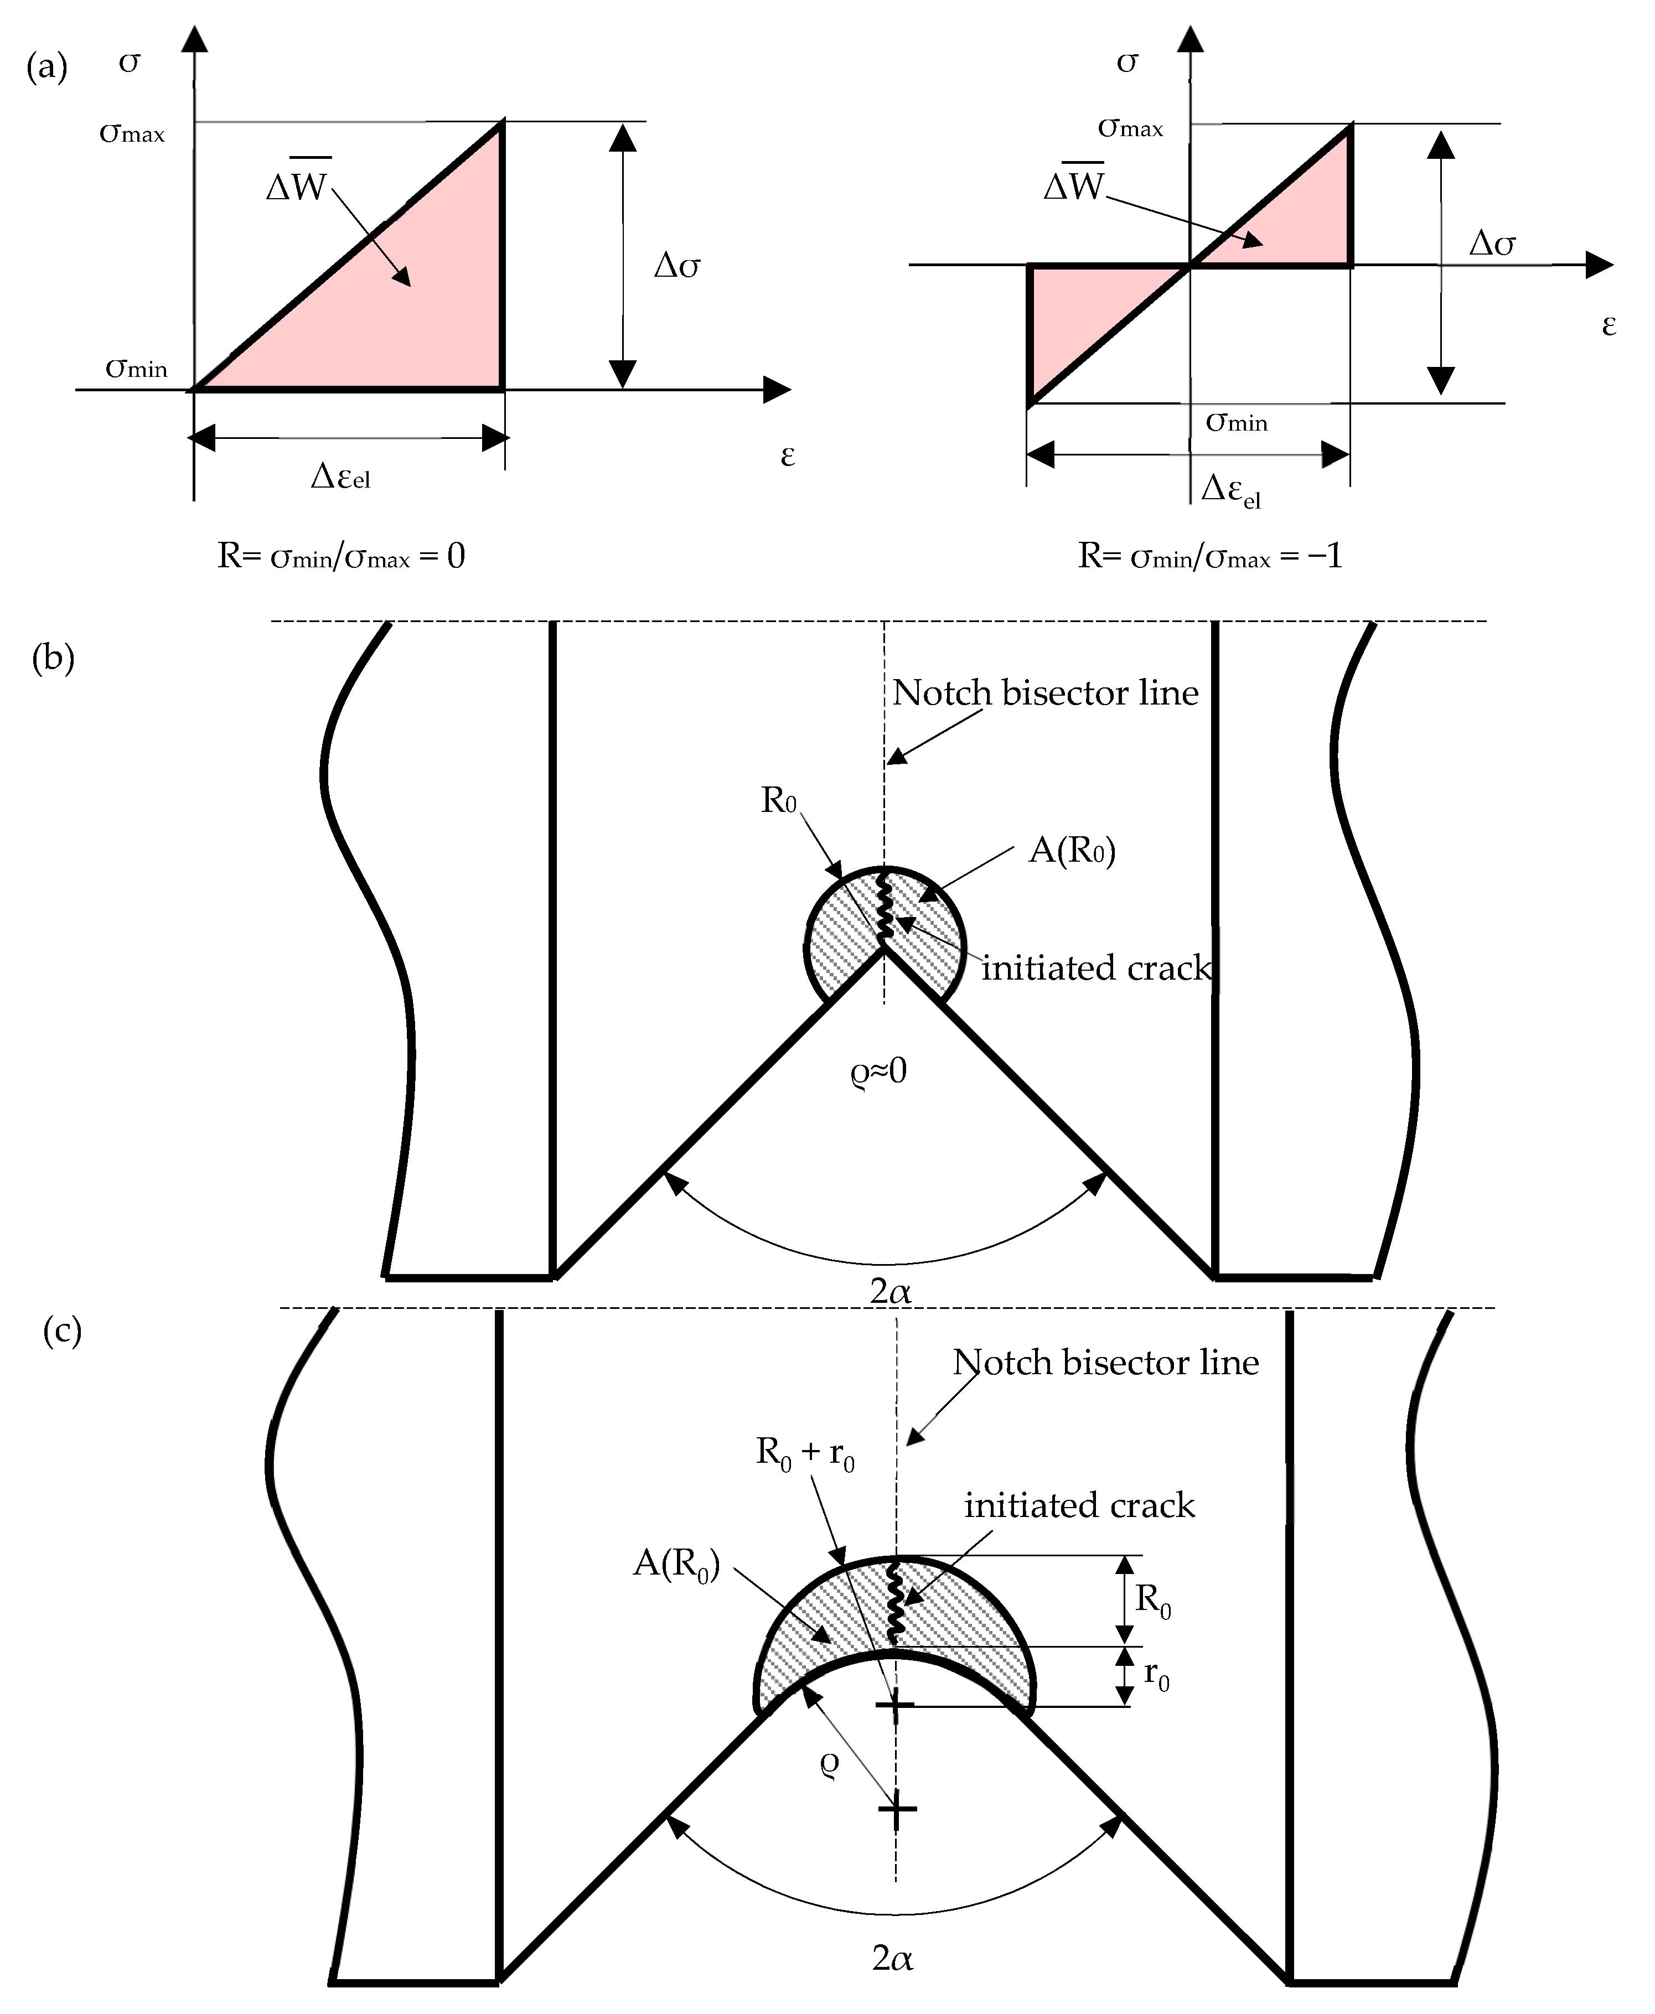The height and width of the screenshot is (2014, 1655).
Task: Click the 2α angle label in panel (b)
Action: (891, 1292)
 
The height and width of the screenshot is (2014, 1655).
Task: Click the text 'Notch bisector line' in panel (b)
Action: (1045, 693)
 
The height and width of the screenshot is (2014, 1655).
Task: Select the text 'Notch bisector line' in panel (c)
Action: (1106, 1363)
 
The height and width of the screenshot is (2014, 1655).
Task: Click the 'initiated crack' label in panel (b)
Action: (1097, 969)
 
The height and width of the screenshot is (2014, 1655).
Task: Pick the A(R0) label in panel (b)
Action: (1072, 849)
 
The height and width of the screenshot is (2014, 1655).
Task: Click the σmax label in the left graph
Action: (132, 133)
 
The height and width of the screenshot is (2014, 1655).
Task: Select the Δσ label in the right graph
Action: (1492, 244)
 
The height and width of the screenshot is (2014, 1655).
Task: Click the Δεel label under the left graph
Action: (340, 475)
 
